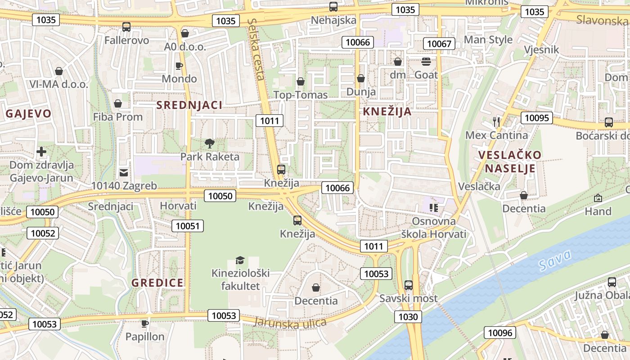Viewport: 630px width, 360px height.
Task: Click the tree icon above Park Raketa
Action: pos(209,144)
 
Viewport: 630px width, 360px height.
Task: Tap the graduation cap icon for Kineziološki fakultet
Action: pos(240,260)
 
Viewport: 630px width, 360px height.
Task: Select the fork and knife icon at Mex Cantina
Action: pos(496,121)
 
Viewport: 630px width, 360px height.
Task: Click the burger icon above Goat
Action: pos(426,62)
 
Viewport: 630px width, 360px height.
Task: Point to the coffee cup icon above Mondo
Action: pos(179,66)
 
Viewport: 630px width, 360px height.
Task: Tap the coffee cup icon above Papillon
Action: pos(145,324)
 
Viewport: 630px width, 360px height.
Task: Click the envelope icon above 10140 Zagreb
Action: pos(124,172)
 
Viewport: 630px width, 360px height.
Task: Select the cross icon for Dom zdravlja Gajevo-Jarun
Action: pos(41,152)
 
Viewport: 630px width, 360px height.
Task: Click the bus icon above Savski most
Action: pos(408,285)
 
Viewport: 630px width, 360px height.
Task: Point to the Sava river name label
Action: pos(555,260)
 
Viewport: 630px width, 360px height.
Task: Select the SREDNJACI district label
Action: pos(189,105)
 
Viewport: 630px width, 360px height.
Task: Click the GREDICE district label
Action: pos(157,283)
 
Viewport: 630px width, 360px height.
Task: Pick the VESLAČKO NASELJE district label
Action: pos(509,162)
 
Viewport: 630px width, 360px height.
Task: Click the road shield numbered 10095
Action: pos(537,118)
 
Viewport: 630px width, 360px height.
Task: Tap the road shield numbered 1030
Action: pos(408,317)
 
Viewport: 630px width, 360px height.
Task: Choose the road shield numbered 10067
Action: pos(439,44)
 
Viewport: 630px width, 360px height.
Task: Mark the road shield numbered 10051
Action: pos(187,226)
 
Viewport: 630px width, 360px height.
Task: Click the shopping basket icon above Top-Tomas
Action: pos(301,81)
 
